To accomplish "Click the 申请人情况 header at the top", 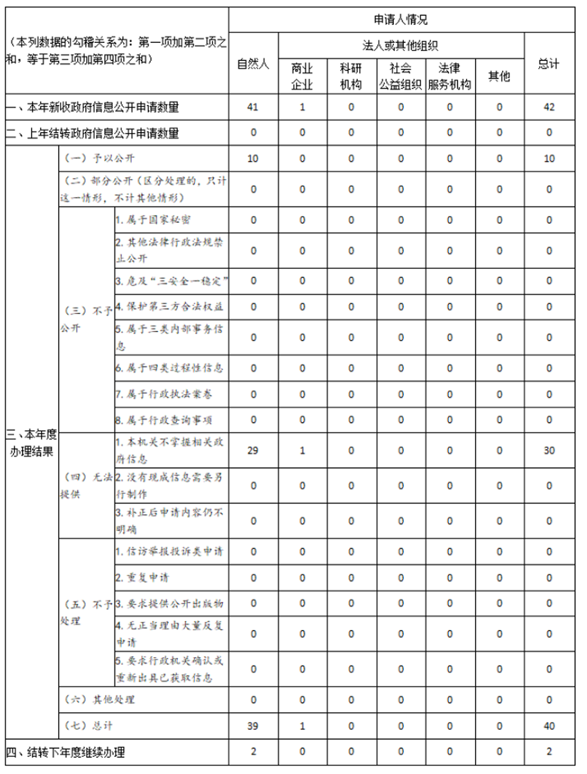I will coord(401,20).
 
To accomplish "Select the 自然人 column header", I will coord(253,64).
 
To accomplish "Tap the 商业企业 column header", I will coord(302,76).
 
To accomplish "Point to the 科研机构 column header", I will coord(351,76).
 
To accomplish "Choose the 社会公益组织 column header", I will coord(400,76).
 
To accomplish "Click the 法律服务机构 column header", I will coord(450,76).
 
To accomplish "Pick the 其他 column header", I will coord(500,76).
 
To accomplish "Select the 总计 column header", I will coord(549,64).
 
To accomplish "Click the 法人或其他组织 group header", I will coord(400,46).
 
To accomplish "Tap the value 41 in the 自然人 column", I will coord(253,107).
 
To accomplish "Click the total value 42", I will coord(549,107).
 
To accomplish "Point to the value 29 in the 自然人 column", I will coord(253,451).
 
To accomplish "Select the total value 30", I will coord(549,451).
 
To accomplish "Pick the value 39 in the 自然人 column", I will coord(253,726).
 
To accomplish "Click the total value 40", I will coord(549,726).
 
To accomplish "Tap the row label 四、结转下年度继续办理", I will coord(66,752).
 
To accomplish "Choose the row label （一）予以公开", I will coord(99,158).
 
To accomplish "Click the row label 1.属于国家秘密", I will coord(153,220).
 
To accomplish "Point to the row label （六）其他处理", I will coord(99,699).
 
